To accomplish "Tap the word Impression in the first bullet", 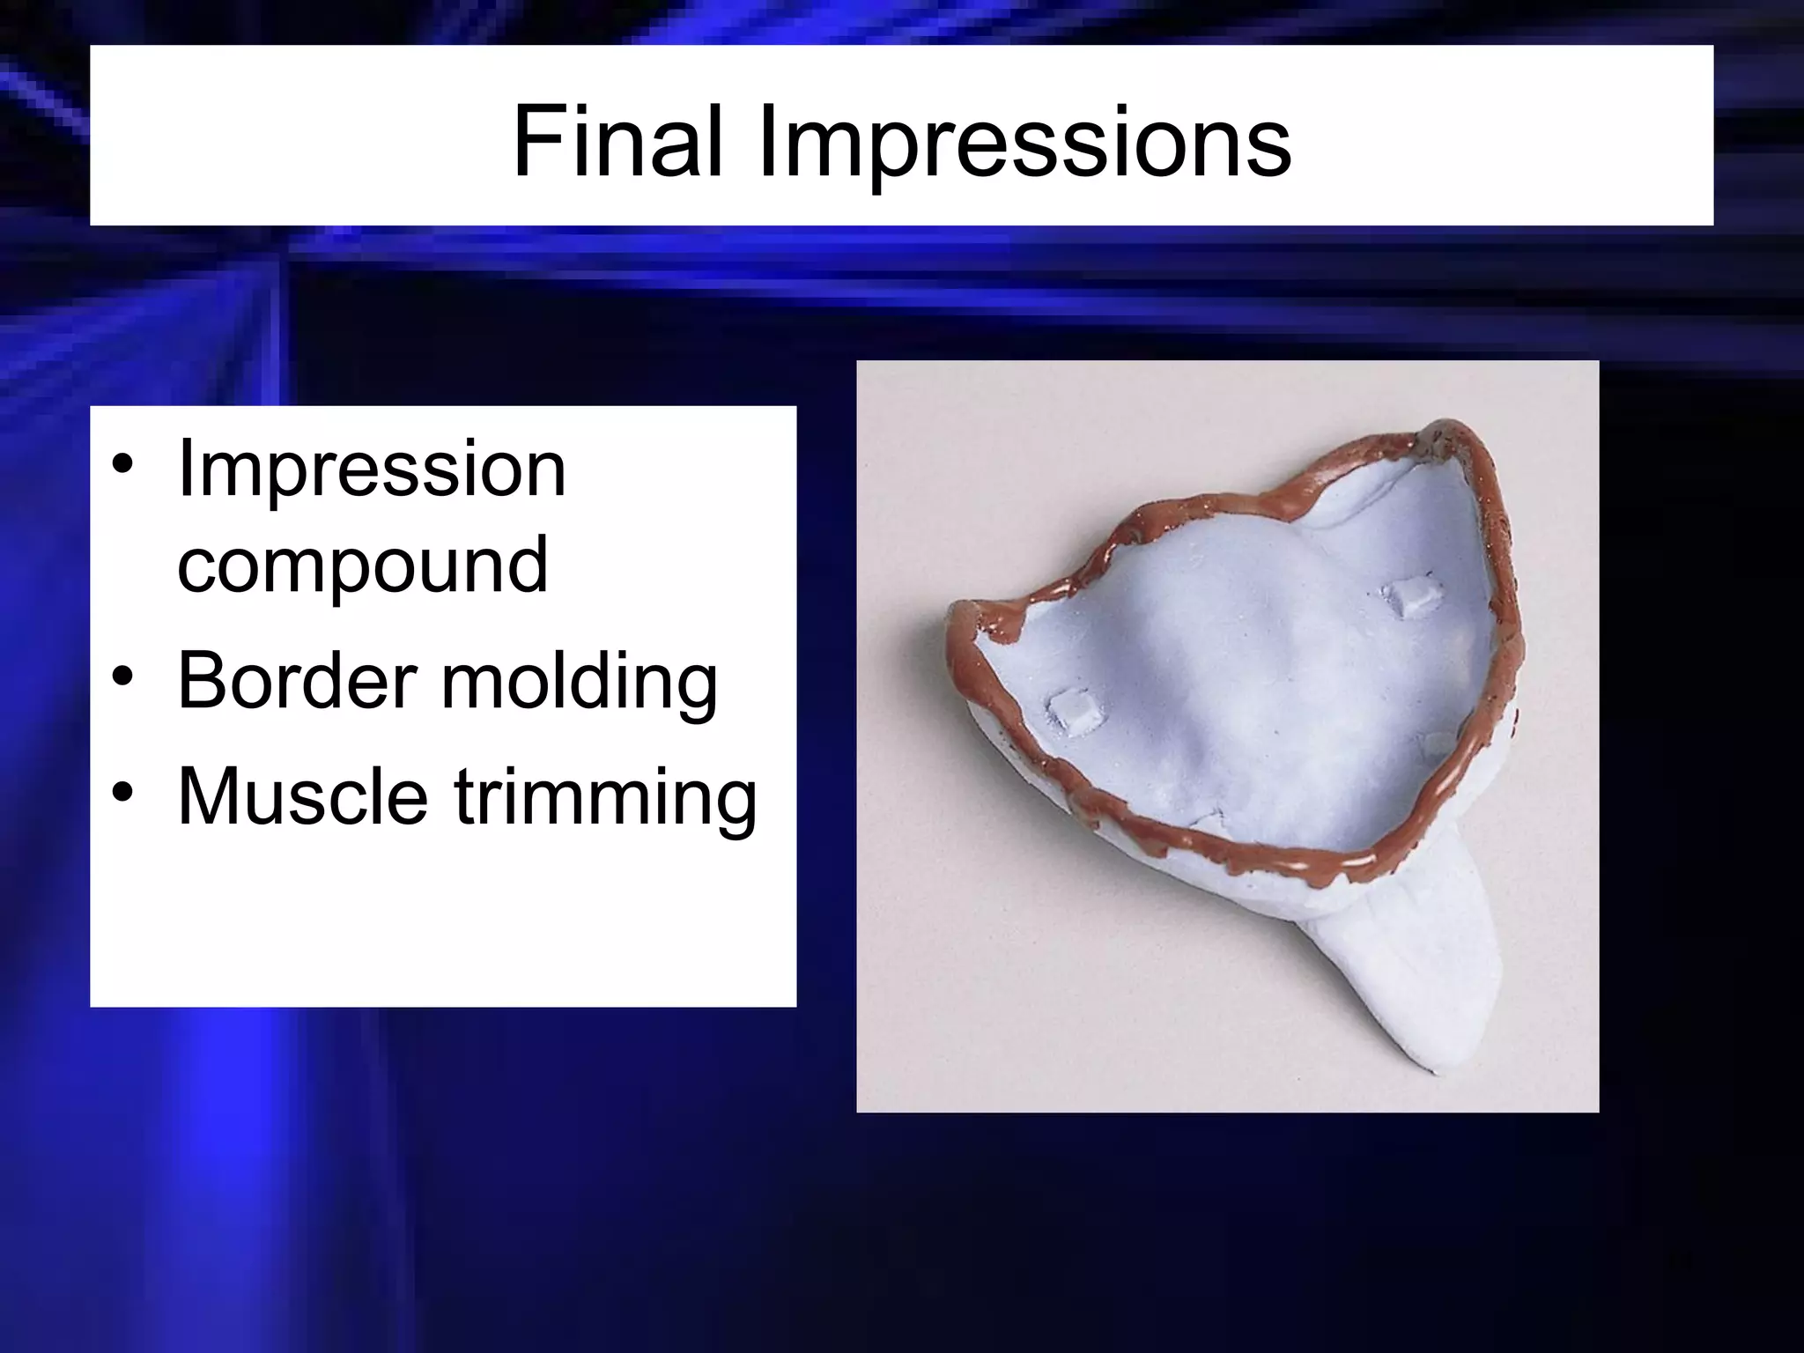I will click(x=371, y=469).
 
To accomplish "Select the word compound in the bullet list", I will click(x=362, y=566).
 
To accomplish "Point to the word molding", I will click(x=579, y=683).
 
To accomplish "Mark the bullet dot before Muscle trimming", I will click(x=122, y=793).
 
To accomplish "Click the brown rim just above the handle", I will click(x=1357, y=861).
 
